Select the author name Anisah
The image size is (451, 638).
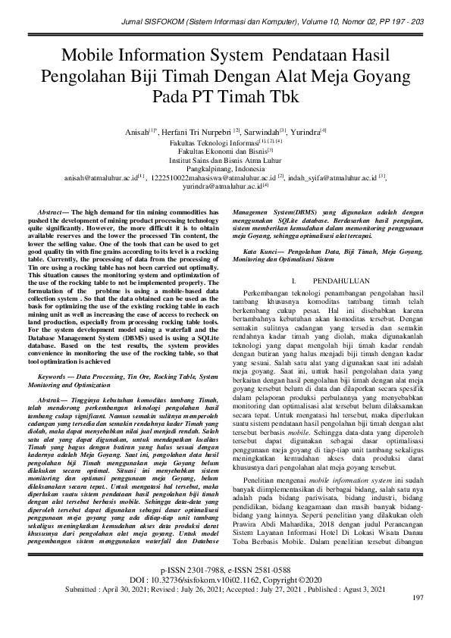[x=139, y=131]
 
